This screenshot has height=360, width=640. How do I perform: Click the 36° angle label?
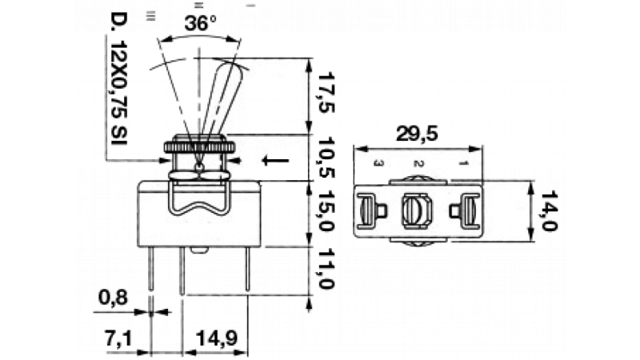(200, 24)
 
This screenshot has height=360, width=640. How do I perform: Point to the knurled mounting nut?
(199, 148)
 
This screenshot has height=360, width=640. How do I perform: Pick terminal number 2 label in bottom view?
(417, 164)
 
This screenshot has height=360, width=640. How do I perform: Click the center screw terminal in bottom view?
(415, 211)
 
